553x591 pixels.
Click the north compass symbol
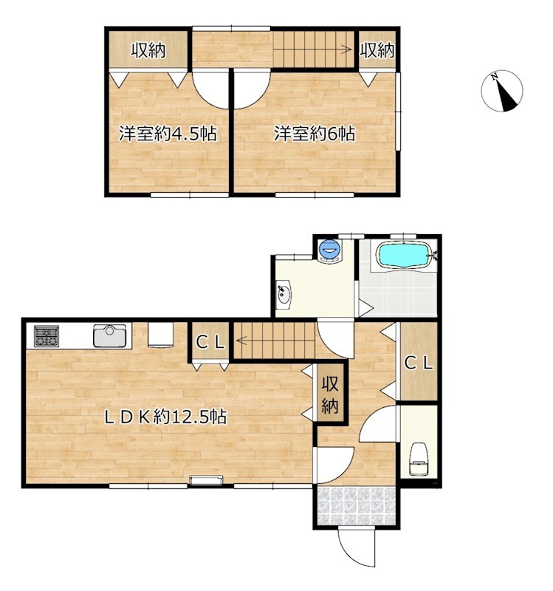pos(502,91)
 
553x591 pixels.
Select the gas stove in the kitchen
pos(47,336)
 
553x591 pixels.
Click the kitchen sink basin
pos(109,335)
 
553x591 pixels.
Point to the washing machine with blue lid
pos(330,250)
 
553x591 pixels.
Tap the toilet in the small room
pos(418,459)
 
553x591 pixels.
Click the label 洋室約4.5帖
pos(168,134)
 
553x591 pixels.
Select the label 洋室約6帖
pos(315,134)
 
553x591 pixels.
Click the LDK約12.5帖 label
pos(165,417)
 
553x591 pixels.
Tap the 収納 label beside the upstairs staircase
pos(377,50)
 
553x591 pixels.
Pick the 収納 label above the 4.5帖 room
pos(148,50)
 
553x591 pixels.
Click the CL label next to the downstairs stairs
pos(210,342)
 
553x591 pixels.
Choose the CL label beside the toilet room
pos(419,363)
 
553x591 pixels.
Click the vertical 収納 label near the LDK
pos(330,395)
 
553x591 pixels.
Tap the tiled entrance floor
pos(357,506)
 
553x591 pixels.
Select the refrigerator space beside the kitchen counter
pos(160,335)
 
